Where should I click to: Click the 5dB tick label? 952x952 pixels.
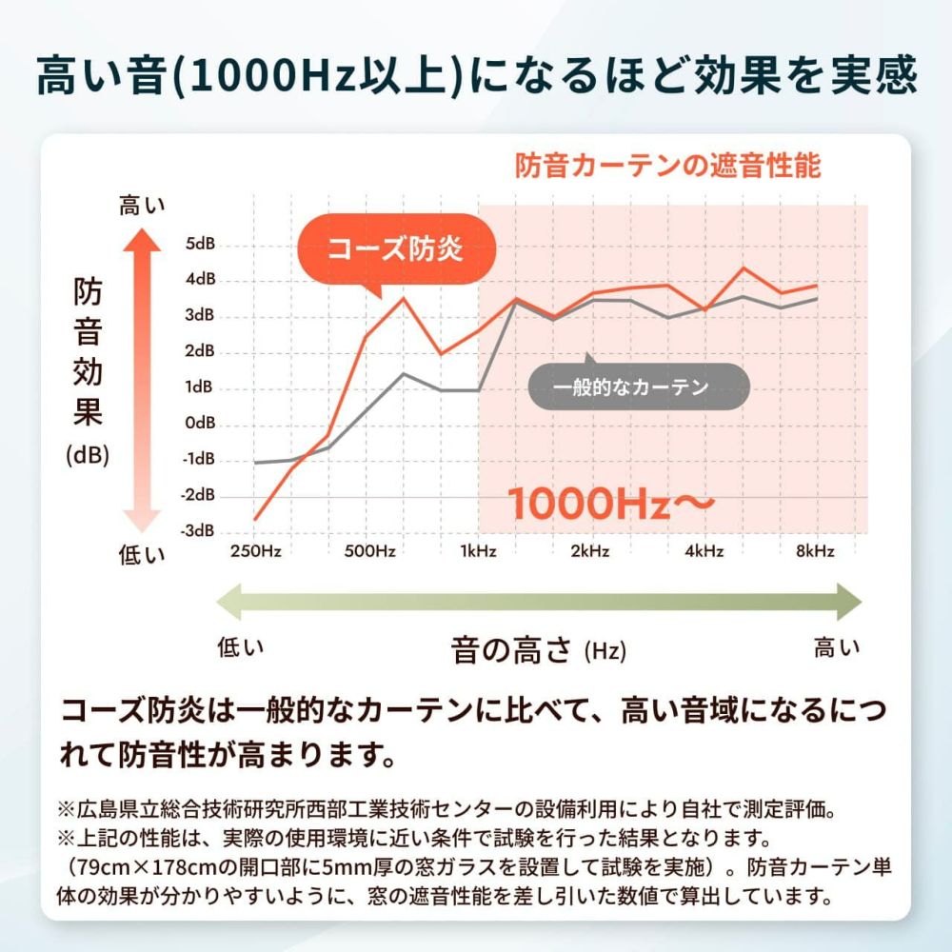pos(201,245)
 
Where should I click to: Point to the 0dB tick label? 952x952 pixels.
pos(201,423)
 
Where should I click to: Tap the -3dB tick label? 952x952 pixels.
pos(199,531)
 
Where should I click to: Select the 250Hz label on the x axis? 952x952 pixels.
pos(256,551)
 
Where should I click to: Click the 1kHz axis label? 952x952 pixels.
pos(478,551)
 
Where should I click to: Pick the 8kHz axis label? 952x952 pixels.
pos(815,551)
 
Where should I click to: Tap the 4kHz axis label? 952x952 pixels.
pos(704,551)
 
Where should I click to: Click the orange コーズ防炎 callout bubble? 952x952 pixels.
pos(395,249)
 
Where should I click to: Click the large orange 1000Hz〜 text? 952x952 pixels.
pos(609,504)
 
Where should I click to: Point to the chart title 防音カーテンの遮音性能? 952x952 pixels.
pos(667,168)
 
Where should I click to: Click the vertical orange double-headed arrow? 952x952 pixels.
pos(144,381)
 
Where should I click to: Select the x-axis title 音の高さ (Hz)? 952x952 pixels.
pos(539,651)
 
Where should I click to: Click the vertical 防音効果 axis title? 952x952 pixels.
pos(88,352)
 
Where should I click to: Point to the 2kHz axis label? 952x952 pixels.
pos(590,551)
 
